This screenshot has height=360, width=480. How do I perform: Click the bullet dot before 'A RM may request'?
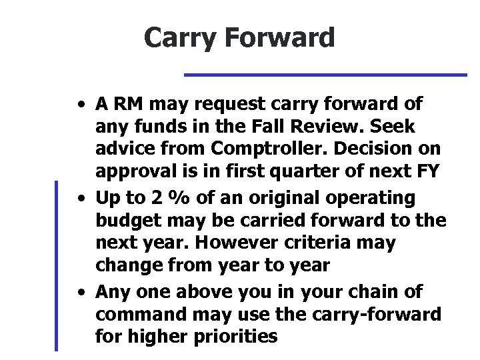tap(80, 105)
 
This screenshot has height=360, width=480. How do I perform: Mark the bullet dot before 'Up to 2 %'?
tap(80, 199)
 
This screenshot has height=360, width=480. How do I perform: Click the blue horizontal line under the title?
tap(325, 75)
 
